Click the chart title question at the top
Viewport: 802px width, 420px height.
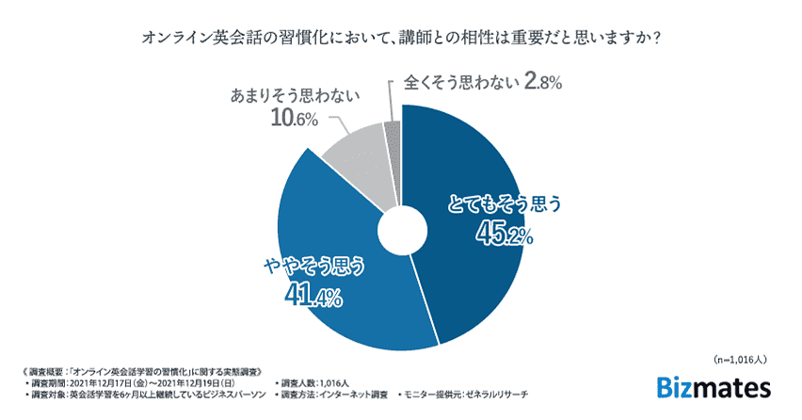click(400, 40)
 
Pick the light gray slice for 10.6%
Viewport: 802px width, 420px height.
click(353, 155)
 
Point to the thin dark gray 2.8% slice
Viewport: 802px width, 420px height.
click(393, 132)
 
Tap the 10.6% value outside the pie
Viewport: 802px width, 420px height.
click(295, 119)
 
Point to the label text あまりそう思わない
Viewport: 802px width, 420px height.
click(294, 96)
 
